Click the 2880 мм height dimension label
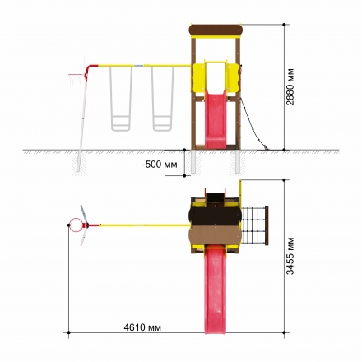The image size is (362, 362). pos(290,86)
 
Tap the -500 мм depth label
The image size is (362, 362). pos(160,165)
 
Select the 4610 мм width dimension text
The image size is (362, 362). pos(142,327)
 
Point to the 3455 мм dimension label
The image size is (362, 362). pos(290,256)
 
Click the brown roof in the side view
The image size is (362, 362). pos(216,30)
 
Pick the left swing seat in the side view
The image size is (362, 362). pos(121,99)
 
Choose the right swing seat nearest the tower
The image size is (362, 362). pos(163,99)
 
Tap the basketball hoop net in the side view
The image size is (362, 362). pos(77,79)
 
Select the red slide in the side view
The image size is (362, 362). pos(216,119)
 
